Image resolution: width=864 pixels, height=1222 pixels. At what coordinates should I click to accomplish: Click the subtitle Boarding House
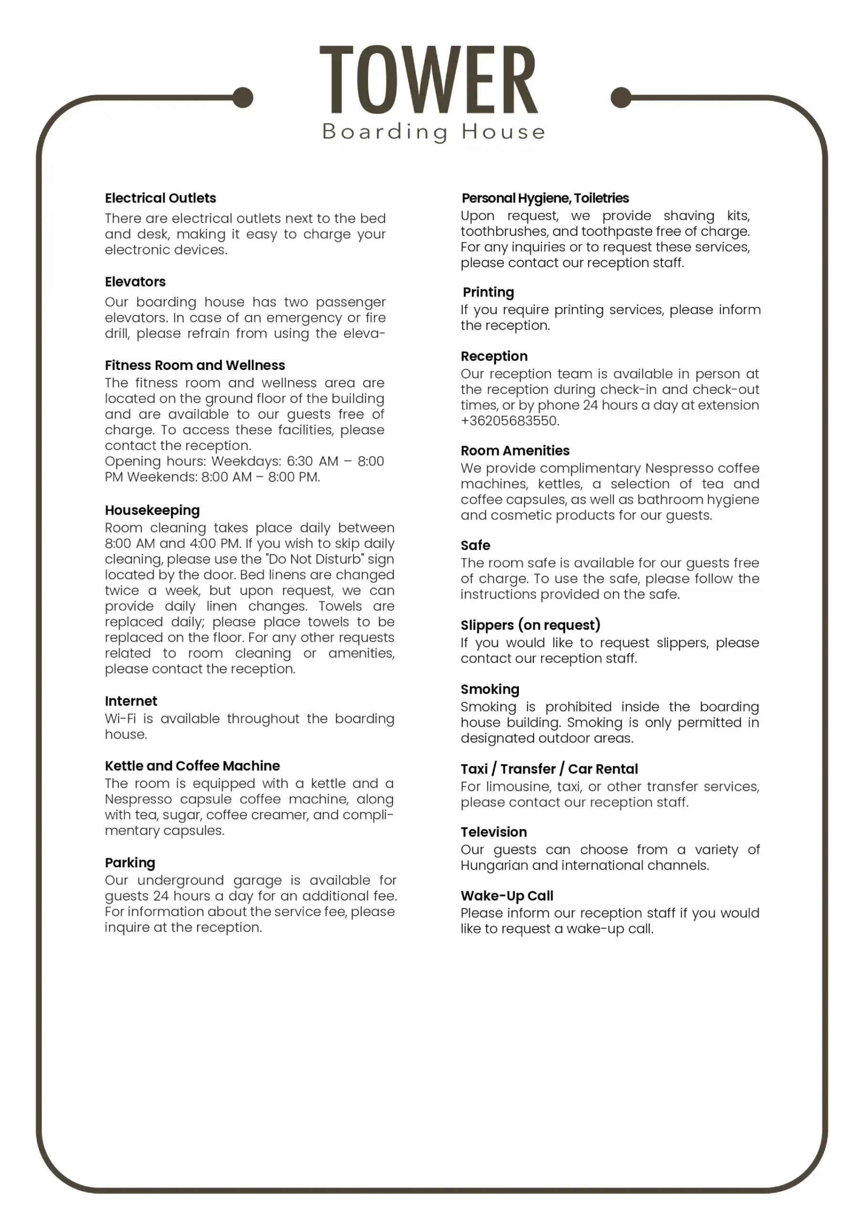(x=434, y=131)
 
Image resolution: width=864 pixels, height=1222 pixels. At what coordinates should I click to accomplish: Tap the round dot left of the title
(x=243, y=97)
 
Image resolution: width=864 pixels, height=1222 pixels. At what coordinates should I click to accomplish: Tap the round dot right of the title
(x=621, y=97)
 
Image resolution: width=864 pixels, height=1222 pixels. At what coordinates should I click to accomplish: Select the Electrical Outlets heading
(x=160, y=199)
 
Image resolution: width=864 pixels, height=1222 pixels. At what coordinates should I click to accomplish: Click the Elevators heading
(x=135, y=282)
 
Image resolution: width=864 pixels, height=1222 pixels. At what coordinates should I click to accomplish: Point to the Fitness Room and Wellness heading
(x=195, y=366)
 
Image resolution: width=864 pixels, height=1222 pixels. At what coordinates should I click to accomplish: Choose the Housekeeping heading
(x=152, y=510)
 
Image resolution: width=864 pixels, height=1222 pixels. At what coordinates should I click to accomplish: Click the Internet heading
(x=131, y=702)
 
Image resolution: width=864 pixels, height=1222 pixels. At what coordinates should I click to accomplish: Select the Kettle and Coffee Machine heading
(x=192, y=767)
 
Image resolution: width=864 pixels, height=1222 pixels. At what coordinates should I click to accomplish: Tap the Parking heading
(x=130, y=864)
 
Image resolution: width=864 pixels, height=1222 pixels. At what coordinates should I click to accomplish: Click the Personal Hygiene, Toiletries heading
(x=545, y=199)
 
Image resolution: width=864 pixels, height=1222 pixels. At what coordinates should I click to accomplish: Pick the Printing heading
(x=488, y=293)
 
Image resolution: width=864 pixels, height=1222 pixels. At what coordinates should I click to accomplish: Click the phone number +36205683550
(x=509, y=421)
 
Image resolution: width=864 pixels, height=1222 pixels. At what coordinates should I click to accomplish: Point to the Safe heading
(x=475, y=546)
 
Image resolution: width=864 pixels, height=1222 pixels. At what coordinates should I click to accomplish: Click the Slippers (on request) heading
(x=530, y=625)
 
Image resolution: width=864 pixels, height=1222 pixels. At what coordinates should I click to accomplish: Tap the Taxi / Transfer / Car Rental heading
(x=549, y=769)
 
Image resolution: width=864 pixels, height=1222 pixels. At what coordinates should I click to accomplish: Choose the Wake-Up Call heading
(x=507, y=896)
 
